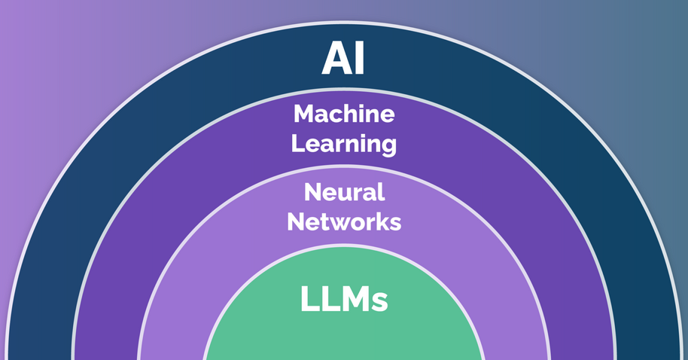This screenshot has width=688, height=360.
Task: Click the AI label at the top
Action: click(x=343, y=59)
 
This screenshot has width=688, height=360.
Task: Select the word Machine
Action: click(x=344, y=114)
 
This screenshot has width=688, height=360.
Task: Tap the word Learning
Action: click(x=344, y=143)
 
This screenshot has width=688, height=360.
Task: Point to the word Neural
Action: click(x=344, y=193)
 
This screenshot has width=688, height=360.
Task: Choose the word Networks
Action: click(x=344, y=222)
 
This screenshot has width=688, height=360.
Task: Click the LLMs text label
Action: click(x=344, y=299)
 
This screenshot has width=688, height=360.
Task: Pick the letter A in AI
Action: click(x=336, y=59)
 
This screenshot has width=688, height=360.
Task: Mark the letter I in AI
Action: click(x=358, y=59)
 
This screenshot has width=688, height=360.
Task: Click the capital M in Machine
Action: click(x=303, y=114)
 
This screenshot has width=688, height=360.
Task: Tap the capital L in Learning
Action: click(x=297, y=142)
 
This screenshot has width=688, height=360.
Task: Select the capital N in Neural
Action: click(x=312, y=193)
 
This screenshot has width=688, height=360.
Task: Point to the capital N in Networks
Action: click(x=296, y=222)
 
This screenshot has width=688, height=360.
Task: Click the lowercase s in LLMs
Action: click(x=380, y=302)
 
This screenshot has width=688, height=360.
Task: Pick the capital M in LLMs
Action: click(x=352, y=299)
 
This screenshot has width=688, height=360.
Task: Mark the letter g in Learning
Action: click(x=388, y=146)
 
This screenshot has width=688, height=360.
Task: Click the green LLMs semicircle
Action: click(x=344, y=335)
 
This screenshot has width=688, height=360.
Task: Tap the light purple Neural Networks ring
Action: click(x=226, y=249)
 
